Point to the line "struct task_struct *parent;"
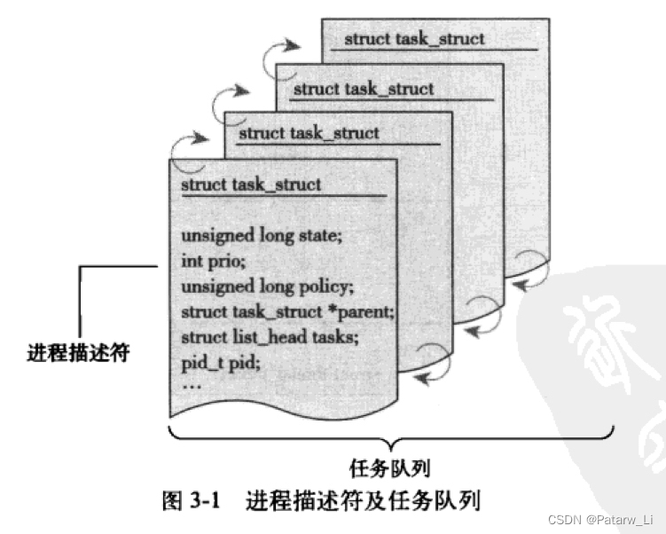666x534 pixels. click(286, 312)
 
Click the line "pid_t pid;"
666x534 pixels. click(220, 363)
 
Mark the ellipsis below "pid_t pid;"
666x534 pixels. click(192, 386)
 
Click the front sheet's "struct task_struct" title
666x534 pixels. click(251, 185)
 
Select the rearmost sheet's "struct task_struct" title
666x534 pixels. click(414, 38)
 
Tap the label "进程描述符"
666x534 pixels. click(78, 353)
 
